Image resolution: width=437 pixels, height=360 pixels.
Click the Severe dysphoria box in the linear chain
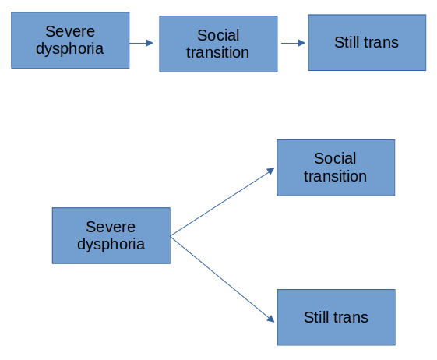point(70,40)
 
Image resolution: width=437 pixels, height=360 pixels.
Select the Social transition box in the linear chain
point(218,44)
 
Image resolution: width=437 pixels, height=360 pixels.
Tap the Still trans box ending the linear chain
point(366,43)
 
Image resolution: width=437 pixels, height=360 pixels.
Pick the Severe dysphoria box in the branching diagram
point(111,235)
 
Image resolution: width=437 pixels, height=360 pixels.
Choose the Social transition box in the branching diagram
point(335,168)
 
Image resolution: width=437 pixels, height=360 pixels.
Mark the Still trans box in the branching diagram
point(336,317)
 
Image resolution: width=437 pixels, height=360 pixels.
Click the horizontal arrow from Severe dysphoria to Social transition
point(141,44)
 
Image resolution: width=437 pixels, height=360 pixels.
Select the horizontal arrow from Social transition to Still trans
point(292,44)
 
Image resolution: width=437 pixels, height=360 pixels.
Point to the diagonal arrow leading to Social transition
point(222,202)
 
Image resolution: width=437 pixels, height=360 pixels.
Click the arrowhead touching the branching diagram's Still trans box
point(271,319)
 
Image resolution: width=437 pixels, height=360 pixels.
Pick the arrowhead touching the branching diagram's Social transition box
point(271,169)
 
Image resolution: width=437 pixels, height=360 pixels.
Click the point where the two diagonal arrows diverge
point(171,235)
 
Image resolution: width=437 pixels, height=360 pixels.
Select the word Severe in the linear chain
point(70,31)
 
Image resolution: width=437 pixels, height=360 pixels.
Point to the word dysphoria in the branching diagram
point(111,244)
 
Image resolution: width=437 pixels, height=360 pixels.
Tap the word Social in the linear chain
point(218,35)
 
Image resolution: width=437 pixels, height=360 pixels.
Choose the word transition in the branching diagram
point(335,176)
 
